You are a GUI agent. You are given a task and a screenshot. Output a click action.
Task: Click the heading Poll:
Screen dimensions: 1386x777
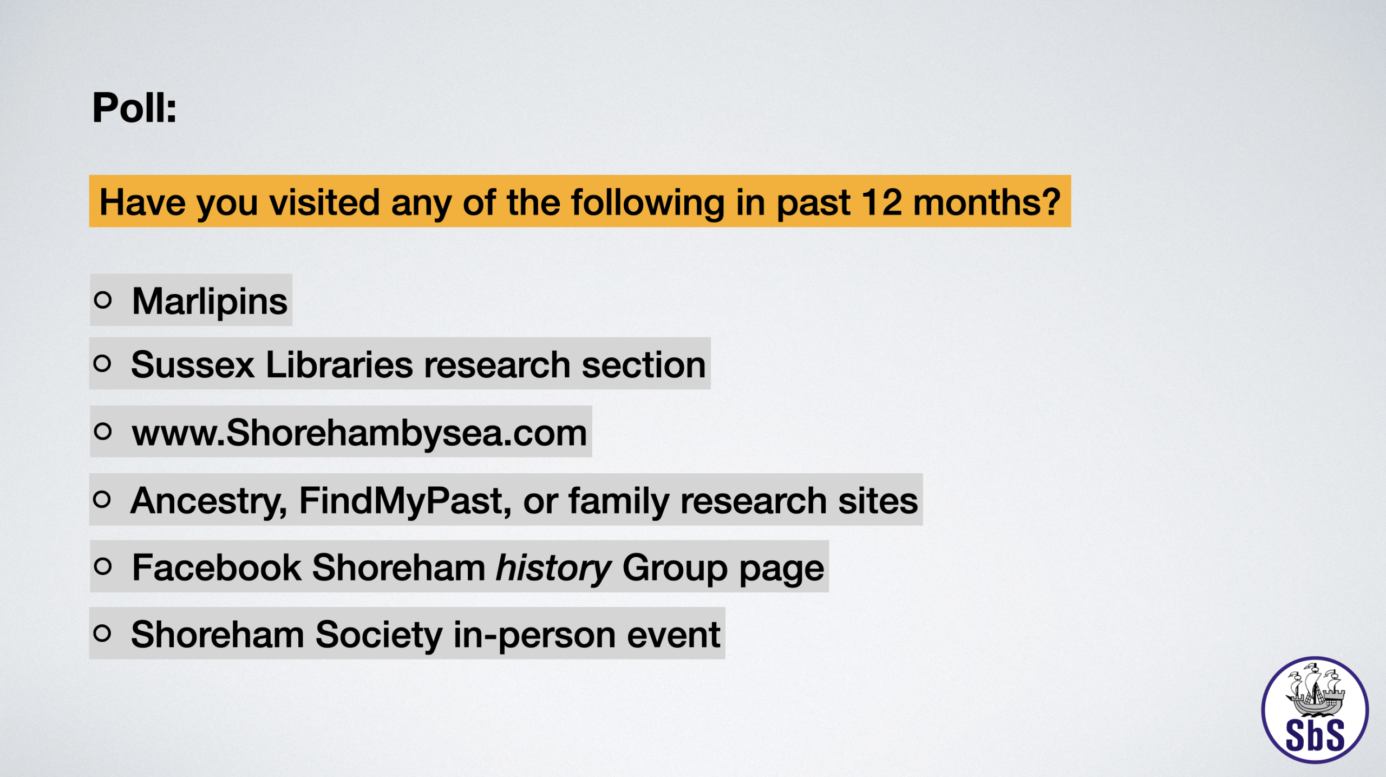point(134,108)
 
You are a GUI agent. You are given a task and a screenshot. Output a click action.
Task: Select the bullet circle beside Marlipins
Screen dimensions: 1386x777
point(102,299)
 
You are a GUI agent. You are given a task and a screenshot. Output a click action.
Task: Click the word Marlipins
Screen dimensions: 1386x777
point(210,302)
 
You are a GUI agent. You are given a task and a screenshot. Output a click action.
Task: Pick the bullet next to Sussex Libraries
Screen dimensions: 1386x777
point(102,363)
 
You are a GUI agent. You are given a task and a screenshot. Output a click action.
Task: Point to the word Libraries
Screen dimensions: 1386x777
point(339,364)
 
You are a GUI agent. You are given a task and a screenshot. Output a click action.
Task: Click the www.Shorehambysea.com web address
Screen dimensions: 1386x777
point(359,433)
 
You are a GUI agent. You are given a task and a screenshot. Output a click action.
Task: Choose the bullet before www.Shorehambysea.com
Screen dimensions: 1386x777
point(102,432)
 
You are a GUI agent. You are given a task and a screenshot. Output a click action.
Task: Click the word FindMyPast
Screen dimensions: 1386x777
point(405,501)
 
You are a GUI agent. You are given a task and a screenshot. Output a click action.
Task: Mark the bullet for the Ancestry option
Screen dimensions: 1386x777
point(102,499)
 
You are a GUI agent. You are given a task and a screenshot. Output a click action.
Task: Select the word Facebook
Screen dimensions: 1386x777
point(217,567)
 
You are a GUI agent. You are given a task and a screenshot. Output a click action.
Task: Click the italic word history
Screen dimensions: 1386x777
point(554,569)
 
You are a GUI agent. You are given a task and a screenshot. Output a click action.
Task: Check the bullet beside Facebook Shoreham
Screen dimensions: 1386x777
point(102,566)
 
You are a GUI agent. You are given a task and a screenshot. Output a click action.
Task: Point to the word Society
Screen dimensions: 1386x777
point(379,635)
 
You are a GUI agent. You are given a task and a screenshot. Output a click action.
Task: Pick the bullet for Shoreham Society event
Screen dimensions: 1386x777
point(102,633)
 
